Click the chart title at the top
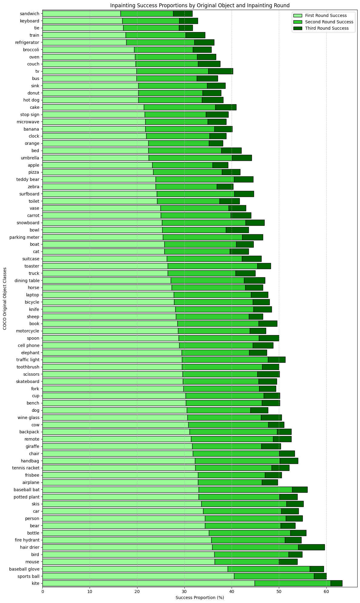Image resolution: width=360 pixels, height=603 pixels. pos(200,5)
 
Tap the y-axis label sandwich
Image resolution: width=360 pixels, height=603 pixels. pos(30,14)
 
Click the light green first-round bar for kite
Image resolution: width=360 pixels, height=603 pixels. pos(148,583)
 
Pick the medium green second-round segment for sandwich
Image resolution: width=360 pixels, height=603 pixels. pos(147,14)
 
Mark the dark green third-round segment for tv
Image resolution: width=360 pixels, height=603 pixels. pos(220,71)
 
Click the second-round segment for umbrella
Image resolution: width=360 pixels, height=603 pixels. pos(190,158)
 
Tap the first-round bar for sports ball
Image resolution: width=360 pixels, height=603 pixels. pos(138,576)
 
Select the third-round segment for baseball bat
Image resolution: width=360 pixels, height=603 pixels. pos(300,490)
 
